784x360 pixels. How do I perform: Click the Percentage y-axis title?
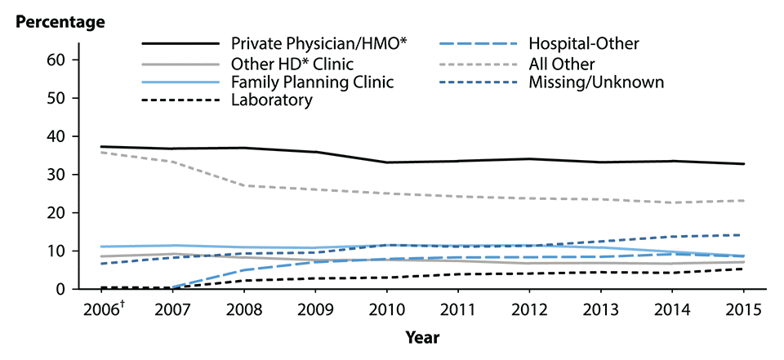tap(61, 21)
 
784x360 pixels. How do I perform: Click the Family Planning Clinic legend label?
tap(312, 82)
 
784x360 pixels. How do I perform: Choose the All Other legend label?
tap(562, 63)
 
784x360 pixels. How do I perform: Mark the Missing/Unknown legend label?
tap(596, 82)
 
